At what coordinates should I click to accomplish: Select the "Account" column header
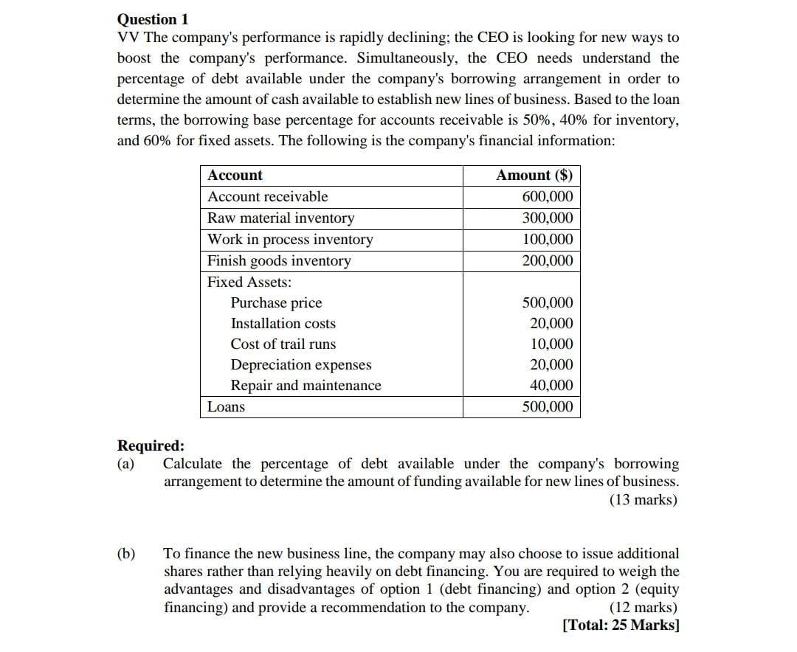click(235, 176)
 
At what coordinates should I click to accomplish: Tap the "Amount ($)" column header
click(534, 176)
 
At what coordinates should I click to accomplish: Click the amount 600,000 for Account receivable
click(547, 197)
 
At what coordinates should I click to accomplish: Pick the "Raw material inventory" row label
click(280, 218)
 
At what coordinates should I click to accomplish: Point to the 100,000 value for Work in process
click(547, 240)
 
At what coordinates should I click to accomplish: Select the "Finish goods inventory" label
click(279, 261)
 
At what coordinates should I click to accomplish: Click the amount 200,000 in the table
click(547, 261)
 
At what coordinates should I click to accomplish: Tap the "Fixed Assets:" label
click(249, 282)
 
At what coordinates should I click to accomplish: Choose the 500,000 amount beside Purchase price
click(547, 303)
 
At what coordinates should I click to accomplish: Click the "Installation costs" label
click(283, 324)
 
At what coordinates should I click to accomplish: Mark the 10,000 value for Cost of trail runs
click(551, 344)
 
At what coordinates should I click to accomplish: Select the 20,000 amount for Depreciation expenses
click(551, 365)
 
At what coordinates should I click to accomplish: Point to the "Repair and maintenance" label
click(306, 386)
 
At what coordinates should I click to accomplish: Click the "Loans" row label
click(226, 407)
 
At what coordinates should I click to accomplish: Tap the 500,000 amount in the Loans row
click(547, 407)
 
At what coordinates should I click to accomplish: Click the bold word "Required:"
click(151, 446)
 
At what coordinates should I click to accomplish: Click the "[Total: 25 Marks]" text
click(621, 625)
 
